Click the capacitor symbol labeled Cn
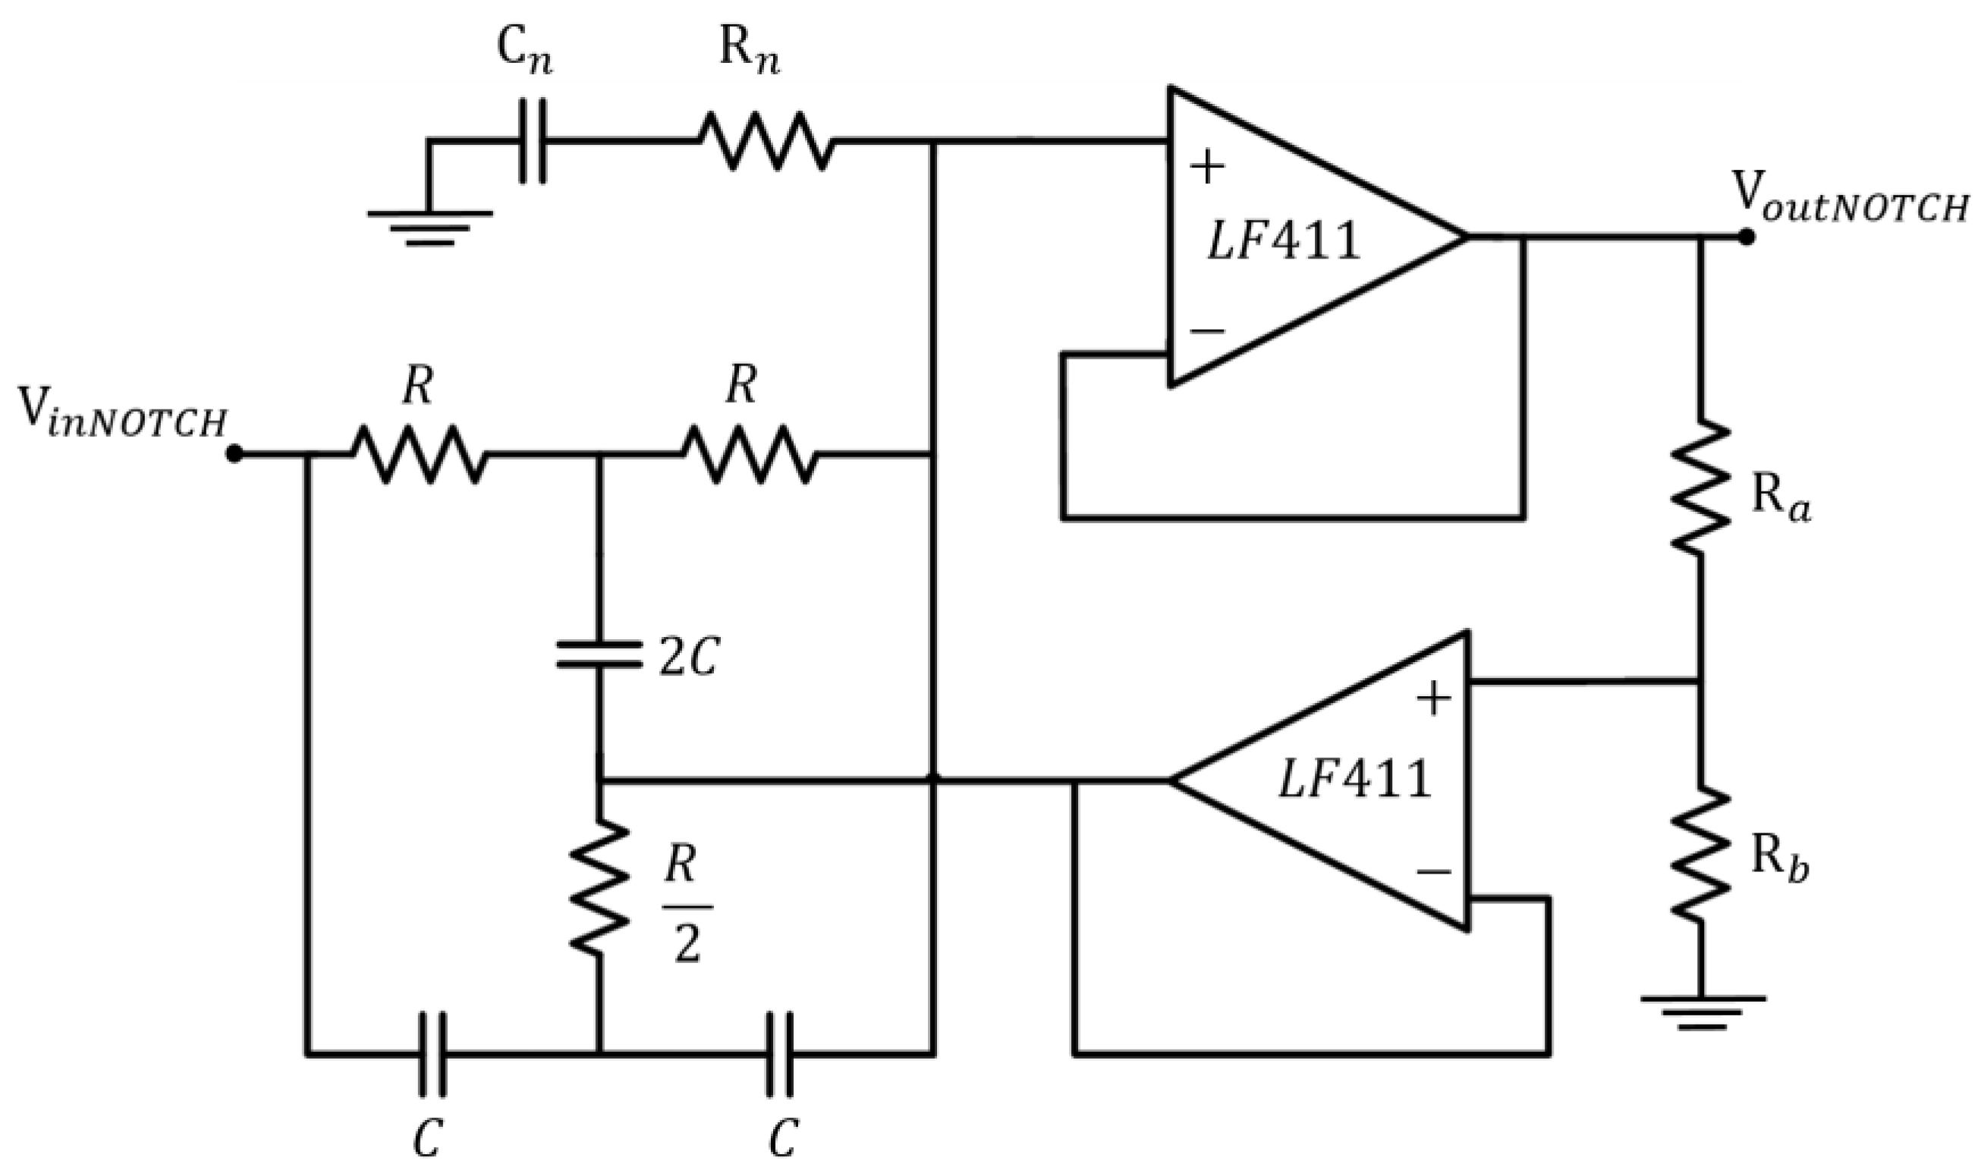pyautogui.click(x=533, y=142)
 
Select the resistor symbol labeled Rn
pyautogui.click(x=766, y=142)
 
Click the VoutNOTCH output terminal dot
pyautogui.click(x=1746, y=236)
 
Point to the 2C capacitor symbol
pyautogui.click(x=599, y=654)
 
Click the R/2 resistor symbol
pyautogui.click(x=599, y=886)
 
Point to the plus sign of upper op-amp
pyautogui.click(x=1208, y=168)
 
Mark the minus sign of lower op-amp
pyautogui.click(x=1433, y=872)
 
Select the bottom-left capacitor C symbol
pyautogui.click(x=431, y=1054)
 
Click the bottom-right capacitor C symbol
pyautogui.click(x=780, y=1054)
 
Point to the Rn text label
pyautogui.click(x=749, y=55)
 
